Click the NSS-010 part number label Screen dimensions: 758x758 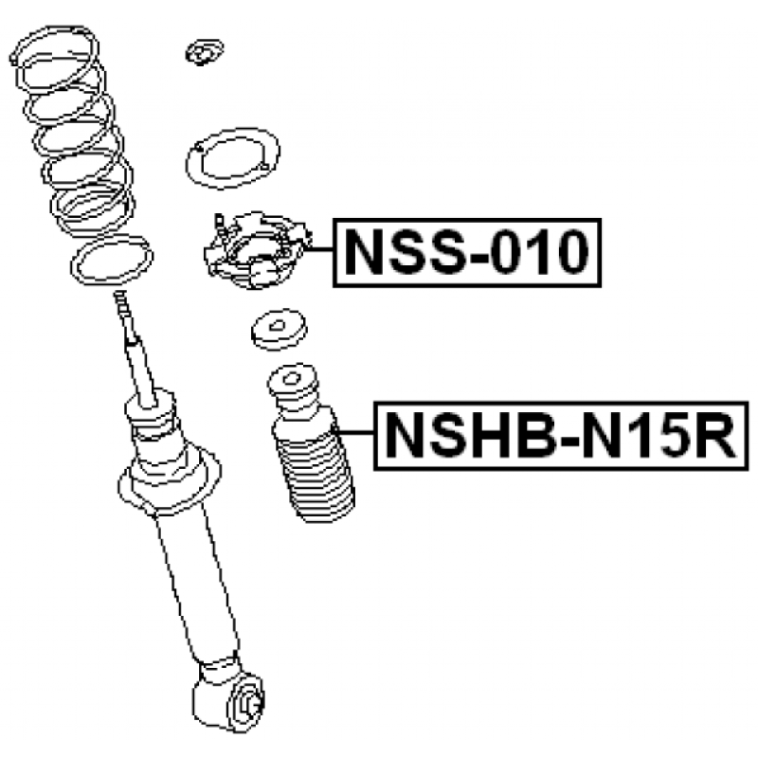pyautogui.click(x=467, y=252)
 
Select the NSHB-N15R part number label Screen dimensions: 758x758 pyautogui.click(x=561, y=436)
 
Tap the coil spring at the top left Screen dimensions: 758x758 pyautogui.click(x=73, y=131)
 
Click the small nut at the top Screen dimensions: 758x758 pyautogui.click(x=205, y=52)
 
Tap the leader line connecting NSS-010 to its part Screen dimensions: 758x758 pyautogui.click(x=318, y=249)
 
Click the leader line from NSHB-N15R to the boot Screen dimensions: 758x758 pyautogui.click(x=353, y=431)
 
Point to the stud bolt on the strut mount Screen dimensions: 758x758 pyautogui.click(x=220, y=227)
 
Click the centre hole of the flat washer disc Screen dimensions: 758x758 pyautogui.click(x=278, y=326)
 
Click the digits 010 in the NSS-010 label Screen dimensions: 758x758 pyautogui.click(x=539, y=252)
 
